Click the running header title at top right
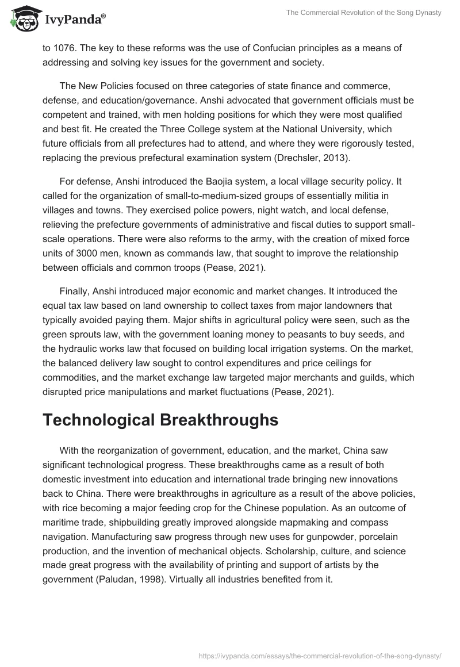(x=363, y=13)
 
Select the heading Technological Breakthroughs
(x=160, y=420)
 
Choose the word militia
(x=328, y=195)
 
